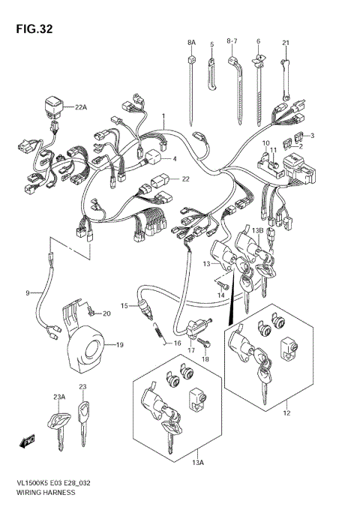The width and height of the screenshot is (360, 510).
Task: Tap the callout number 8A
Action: coord(190,43)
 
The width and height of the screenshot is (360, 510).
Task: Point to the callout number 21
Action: coord(286,42)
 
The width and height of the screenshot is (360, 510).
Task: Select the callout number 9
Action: coord(28,292)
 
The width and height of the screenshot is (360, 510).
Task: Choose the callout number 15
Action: coord(124,305)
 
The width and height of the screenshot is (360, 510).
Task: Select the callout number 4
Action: coord(173,158)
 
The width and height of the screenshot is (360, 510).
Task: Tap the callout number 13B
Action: coord(257,230)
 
